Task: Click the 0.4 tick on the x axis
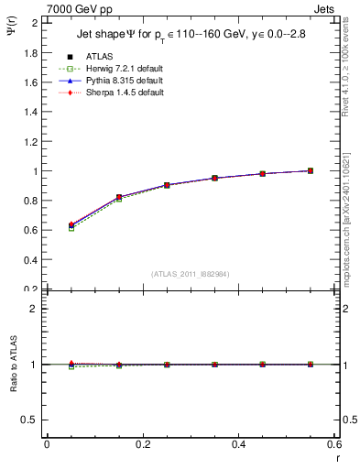[238, 445]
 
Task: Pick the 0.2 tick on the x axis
[142, 445]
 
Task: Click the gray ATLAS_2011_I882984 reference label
[189, 274]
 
